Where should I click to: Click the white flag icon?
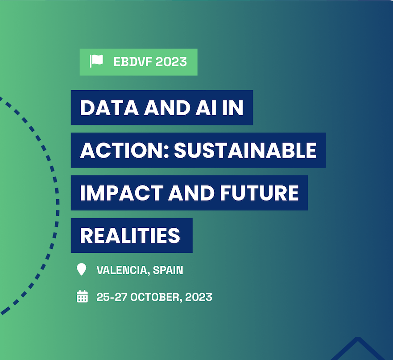(96, 61)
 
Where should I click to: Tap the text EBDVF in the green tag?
(132, 62)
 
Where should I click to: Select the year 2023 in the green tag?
(171, 62)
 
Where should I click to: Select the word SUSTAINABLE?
(245, 151)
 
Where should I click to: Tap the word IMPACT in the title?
(122, 193)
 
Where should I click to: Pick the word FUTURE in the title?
(260, 193)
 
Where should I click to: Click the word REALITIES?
(130, 235)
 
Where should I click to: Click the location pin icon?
(82, 269)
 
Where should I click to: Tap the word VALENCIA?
(123, 270)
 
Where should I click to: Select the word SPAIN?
(168, 270)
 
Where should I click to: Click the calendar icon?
(82, 296)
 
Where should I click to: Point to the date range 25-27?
(112, 297)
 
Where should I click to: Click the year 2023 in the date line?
(199, 297)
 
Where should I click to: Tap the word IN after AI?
(233, 108)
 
